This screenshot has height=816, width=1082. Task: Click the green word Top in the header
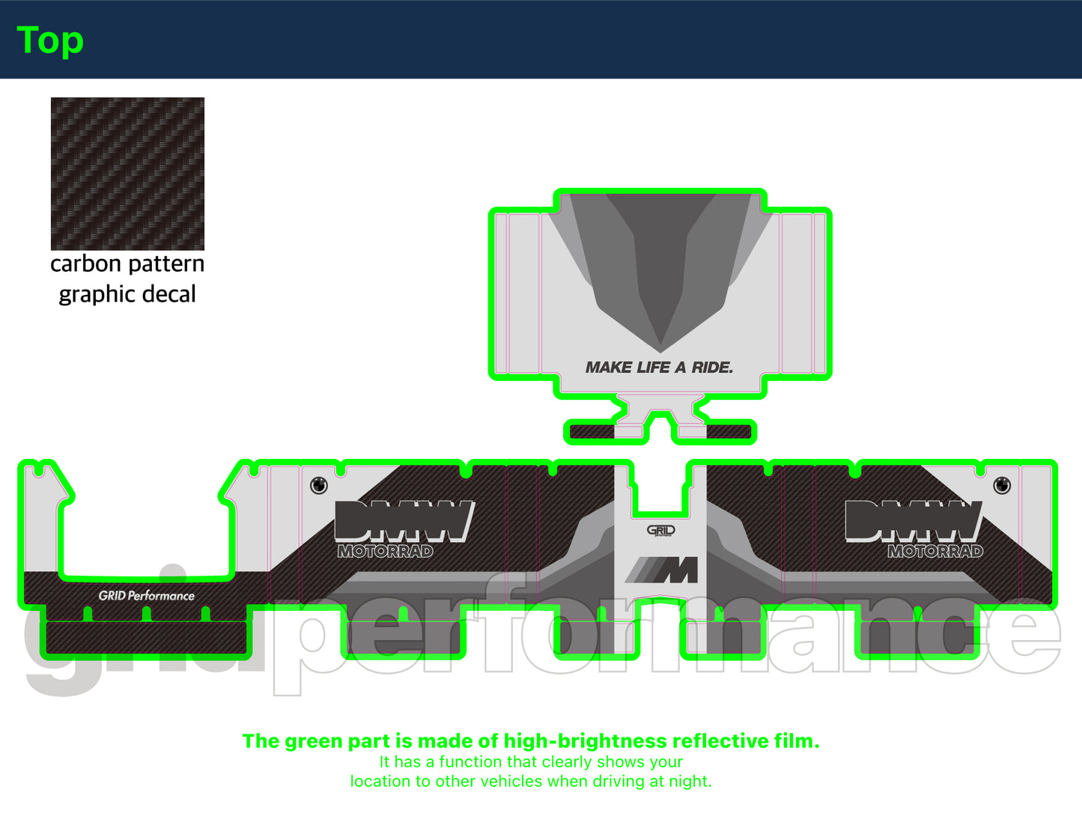pos(50,40)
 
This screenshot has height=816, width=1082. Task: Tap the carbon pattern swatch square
pos(128,174)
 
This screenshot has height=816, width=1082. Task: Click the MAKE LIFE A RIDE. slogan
pos(659,367)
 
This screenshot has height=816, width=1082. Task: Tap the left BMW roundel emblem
pos(319,485)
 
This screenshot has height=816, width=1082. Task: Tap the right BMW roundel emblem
pos(1002,485)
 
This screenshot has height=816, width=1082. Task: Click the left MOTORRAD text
pos(385,551)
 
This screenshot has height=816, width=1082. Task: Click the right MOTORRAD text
pos(935,551)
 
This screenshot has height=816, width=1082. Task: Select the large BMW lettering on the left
pos(404,521)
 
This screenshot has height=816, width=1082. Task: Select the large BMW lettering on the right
pos(914,521)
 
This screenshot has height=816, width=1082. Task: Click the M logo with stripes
pos(661,570)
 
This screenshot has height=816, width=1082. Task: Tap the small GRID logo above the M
pos(660,530)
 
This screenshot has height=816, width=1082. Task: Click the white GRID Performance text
pos(147,596)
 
